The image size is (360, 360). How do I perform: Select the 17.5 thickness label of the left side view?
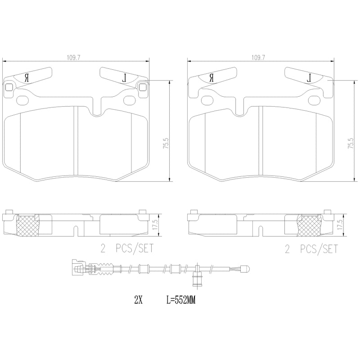pyautogui.click(x=154, y=224)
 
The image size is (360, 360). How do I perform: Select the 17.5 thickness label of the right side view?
pyautogui.click(x=340, y=224)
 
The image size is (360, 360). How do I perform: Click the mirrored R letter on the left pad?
pyautogui.click(x=27, y=78)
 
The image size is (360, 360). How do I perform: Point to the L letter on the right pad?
pyautogui.click(x=310, y=78)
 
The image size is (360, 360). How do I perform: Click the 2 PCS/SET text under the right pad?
pyautogui.click(x=311, y=249)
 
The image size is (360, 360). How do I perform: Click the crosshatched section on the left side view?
pyautogui.click(x=28, y=225)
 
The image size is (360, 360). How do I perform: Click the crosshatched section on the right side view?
pyautogui.click(x=310, y=225)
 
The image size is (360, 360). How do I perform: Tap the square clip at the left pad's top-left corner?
pyautogui.click(x=9, y=87)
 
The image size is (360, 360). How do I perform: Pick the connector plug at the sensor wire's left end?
pyautogui.click(x=78, y=268)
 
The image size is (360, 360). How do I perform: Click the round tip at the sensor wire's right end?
pyautogui.click(x=245, y=270)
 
